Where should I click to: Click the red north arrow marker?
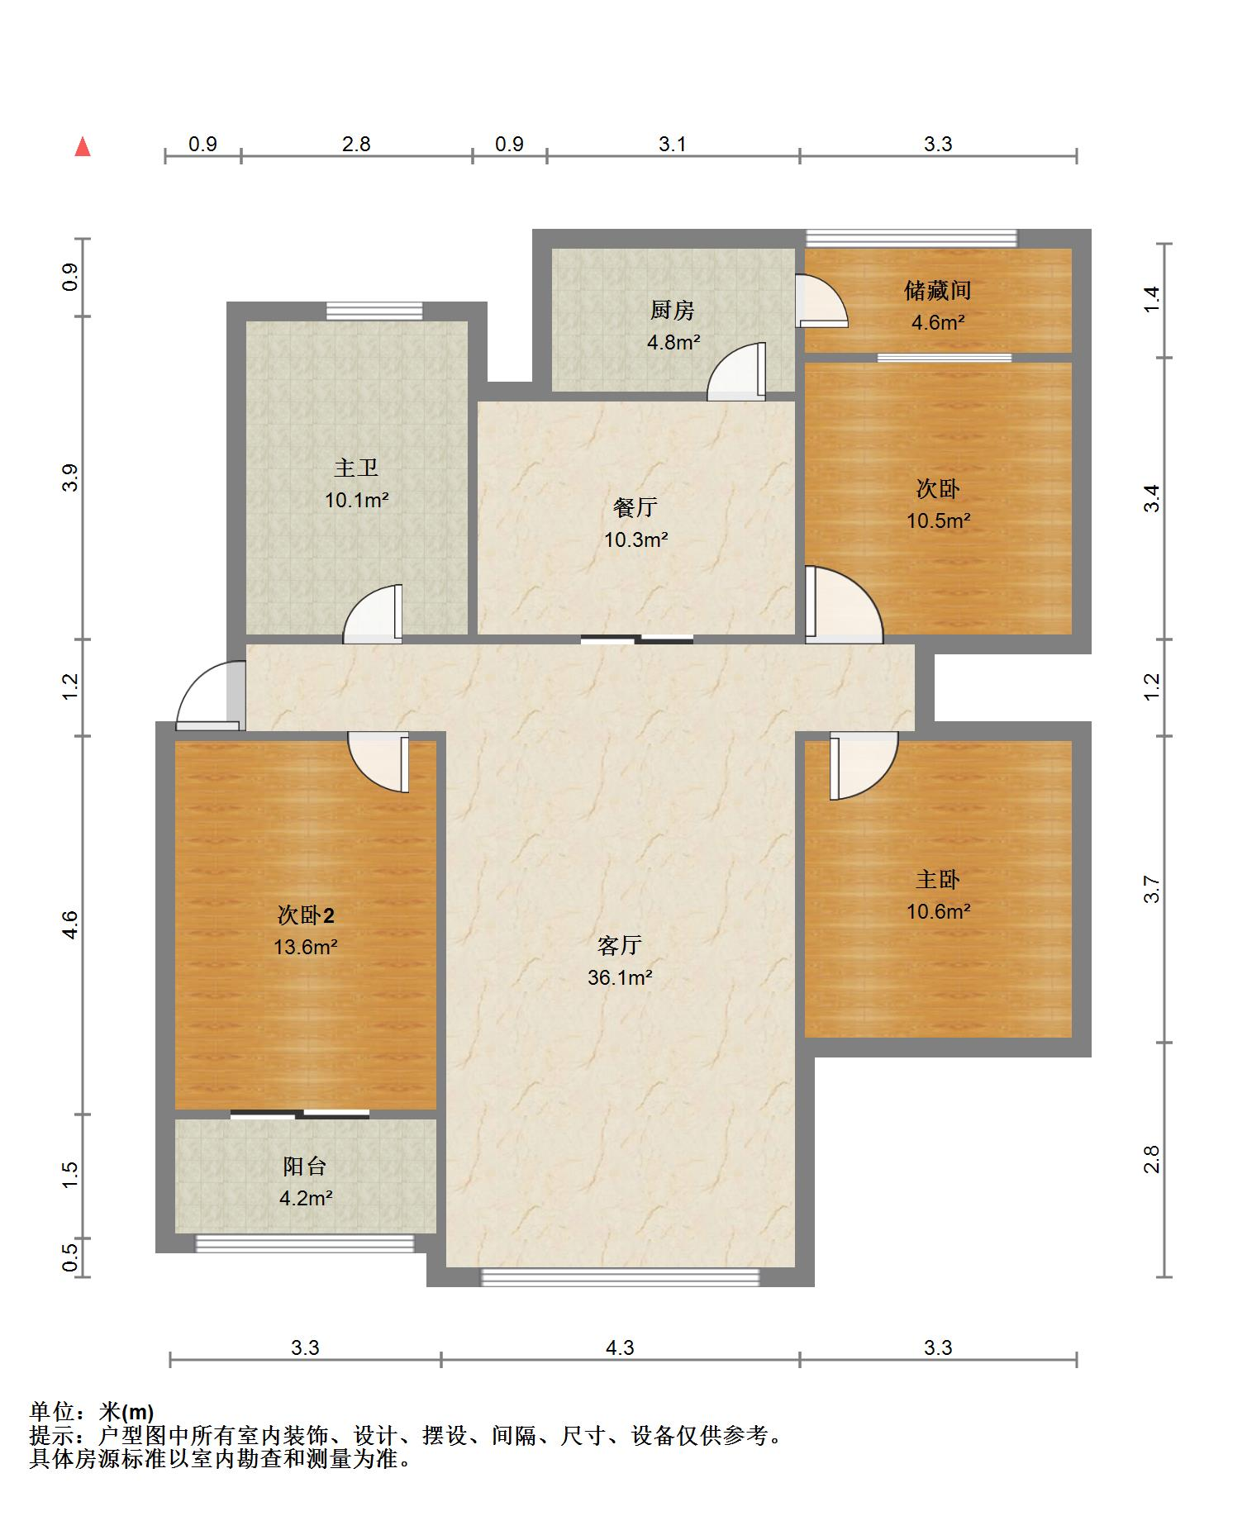click(83, 147)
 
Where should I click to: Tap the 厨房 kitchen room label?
click(672, 311)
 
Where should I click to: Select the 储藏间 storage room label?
click(937, 291)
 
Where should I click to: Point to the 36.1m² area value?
click(620, 977)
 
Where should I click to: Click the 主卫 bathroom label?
click(356, 468)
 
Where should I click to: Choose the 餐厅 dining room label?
click(635, 507)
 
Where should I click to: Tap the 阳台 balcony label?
click(305, 1167)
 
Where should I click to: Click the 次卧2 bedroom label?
click(306, 915)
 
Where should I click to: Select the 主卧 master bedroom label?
click(938, 879)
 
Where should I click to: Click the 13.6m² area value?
click(306, 947)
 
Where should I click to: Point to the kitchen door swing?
click(736, 372)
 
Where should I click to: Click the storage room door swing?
click(821, 301)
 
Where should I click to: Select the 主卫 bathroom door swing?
click(373, 614)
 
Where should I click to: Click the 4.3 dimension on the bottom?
click(620, 1347)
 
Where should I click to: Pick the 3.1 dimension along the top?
click(672, 145)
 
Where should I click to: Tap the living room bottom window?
click(620, 1277)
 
